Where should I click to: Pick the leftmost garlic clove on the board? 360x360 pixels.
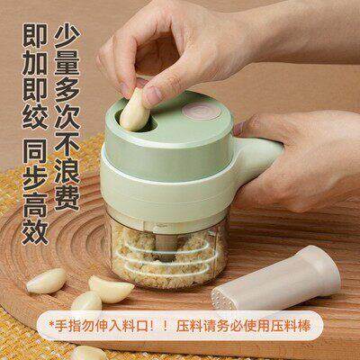45,281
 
